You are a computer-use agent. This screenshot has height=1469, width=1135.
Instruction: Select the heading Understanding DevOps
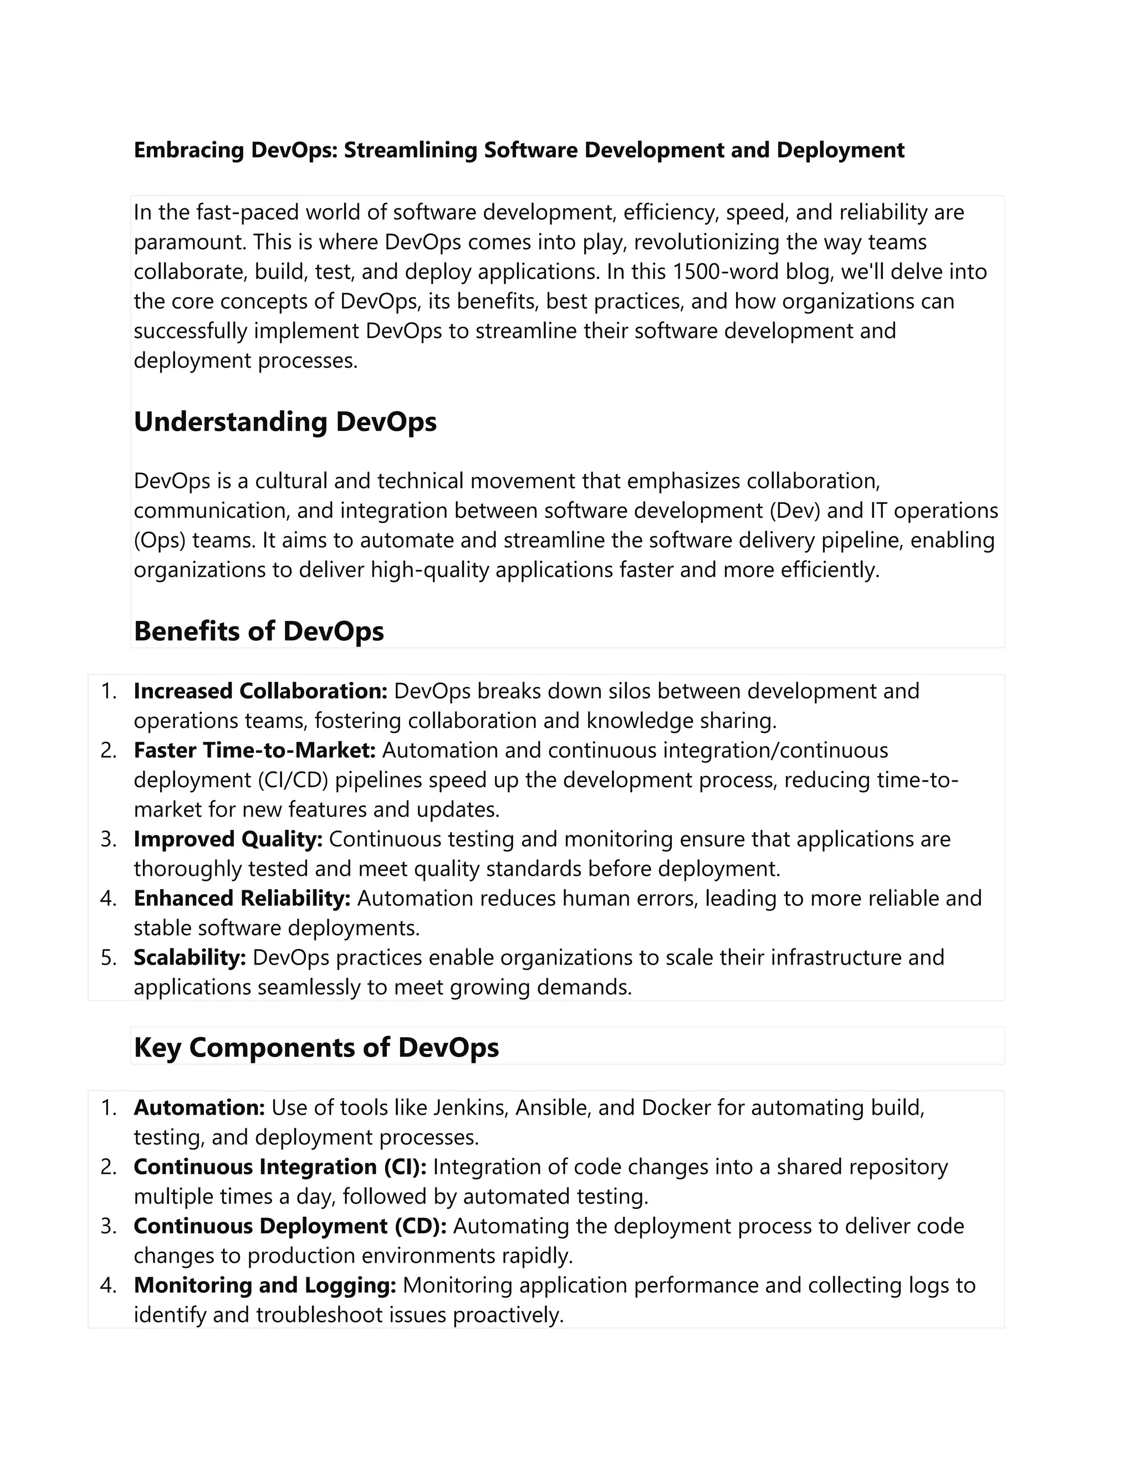click(285, 422)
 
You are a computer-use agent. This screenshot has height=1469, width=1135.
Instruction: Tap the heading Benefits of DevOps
click(259, 631)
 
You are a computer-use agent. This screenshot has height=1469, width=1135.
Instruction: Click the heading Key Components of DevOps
click(316, 1048)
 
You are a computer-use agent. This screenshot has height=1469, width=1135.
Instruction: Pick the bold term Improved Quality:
click(228, 839)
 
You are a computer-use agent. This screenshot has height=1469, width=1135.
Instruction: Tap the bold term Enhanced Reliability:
click(242, 899)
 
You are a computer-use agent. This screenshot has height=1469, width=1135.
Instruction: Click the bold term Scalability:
click(190, 958)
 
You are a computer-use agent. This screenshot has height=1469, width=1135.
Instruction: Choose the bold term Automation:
click(199, 1108)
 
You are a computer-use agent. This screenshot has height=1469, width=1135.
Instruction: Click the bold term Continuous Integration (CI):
click(280, 1167)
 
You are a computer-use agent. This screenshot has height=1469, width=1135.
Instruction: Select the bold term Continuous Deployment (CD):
click(290, 1226)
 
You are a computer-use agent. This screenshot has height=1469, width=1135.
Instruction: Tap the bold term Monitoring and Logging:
click(264, 1286)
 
